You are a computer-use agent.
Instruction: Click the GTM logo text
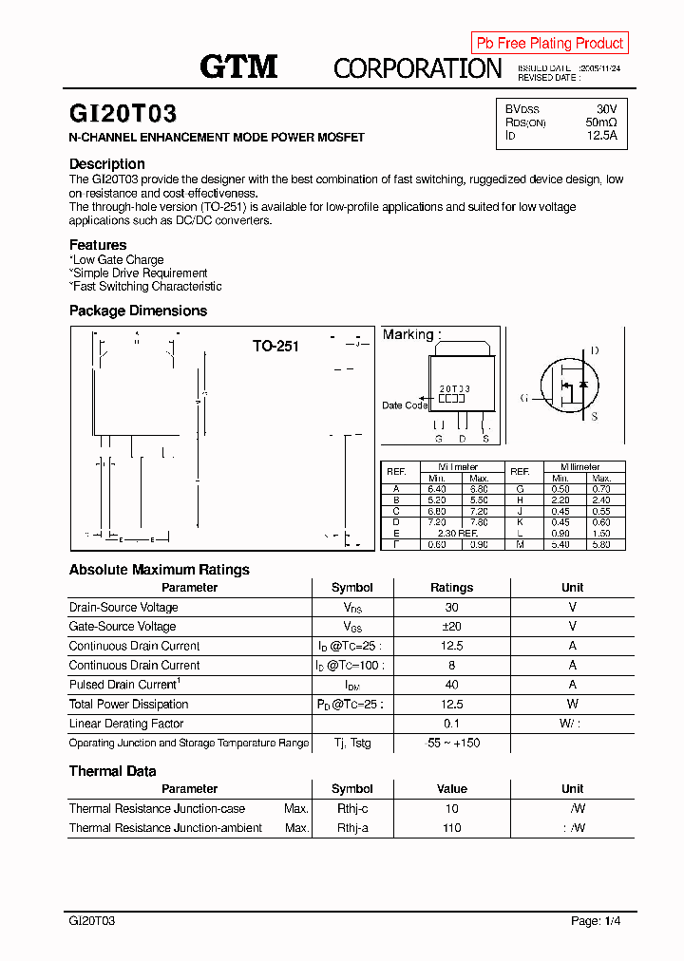237,66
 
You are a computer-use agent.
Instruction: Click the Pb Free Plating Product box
549,43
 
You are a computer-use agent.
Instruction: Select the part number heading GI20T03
123,115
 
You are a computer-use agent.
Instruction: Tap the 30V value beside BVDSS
606,109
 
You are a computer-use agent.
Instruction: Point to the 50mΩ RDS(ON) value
600,122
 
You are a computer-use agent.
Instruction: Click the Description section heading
106,163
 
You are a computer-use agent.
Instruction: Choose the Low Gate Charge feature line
117,259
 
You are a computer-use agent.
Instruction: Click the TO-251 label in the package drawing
275,347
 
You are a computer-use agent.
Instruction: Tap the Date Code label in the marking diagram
405,405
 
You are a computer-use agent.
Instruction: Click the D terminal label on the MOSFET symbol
595,351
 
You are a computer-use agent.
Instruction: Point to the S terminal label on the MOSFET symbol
595,416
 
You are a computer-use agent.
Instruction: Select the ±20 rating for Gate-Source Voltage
451,627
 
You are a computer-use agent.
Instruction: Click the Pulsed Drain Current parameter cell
124,685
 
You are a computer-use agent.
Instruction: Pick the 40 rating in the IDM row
451,685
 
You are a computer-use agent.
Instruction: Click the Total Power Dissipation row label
128,705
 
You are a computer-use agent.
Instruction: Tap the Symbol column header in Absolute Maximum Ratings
351,588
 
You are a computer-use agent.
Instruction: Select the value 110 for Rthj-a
451,828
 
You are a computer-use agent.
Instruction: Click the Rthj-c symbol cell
351,809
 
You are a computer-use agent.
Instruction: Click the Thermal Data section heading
112,771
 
